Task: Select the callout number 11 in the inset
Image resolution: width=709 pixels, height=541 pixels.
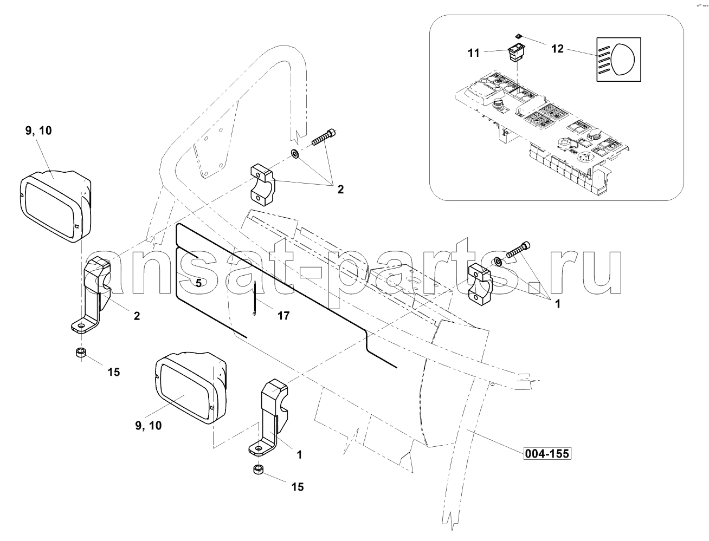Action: tap(474, 53)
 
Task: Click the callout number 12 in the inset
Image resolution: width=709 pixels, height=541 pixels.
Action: tap(557, 49)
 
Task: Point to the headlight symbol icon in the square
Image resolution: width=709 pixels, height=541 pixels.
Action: tap(618, 60)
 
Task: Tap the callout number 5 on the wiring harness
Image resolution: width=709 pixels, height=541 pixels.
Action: tap(198, 283)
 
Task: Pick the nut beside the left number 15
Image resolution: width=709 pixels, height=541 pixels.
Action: tap(81, 353)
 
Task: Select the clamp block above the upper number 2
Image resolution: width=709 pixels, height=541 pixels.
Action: tap(263, 184)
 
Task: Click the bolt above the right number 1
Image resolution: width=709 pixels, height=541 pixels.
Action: tap(519, 249)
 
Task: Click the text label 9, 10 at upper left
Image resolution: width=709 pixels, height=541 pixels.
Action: tap(38, 131)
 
